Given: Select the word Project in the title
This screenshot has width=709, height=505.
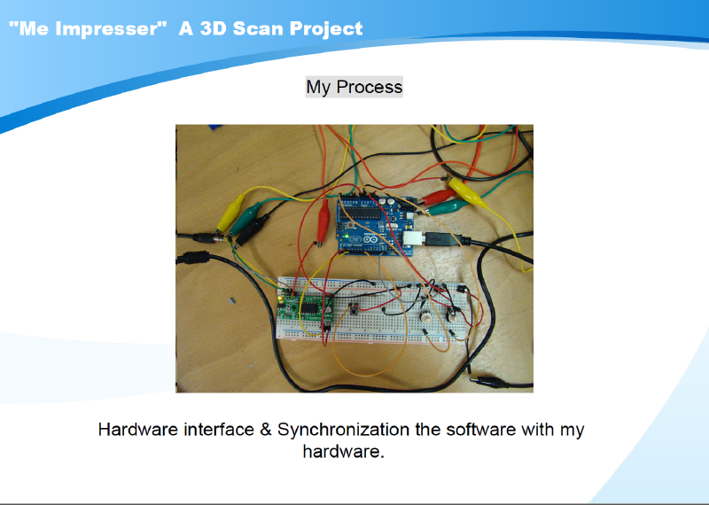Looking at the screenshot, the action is tap(326, 29).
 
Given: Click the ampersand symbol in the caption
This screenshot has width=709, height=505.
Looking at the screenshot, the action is tap(265, 429).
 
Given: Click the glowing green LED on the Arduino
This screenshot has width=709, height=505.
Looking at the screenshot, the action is tap(347, 236).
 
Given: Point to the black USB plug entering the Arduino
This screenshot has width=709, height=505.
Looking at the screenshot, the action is tap(443, 238).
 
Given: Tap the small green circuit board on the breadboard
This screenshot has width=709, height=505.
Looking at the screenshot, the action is tap(306, 308).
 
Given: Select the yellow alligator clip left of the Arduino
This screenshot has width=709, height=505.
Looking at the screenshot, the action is tap(231, 212).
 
